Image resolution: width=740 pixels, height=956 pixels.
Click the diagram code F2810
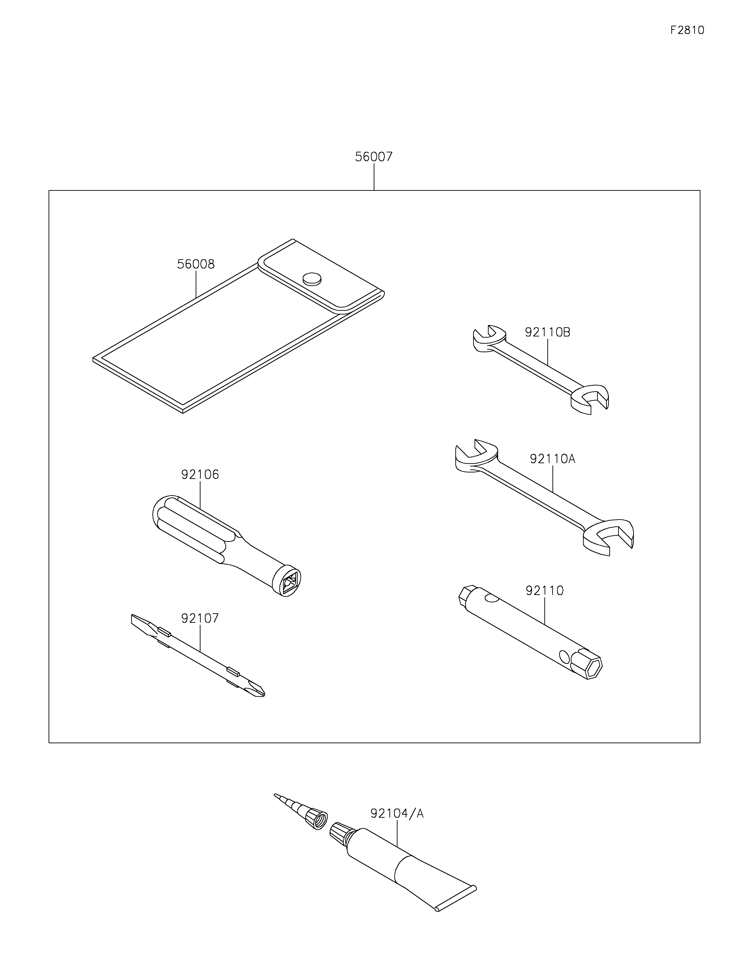(x=687, y=30)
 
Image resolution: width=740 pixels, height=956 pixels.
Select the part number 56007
(x=374, y=157)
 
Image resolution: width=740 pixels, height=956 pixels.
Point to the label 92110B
(x=547, y=332)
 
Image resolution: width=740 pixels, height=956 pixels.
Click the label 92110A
(x=552, y=459)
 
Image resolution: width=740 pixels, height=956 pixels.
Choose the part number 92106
(x=200, y=475)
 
